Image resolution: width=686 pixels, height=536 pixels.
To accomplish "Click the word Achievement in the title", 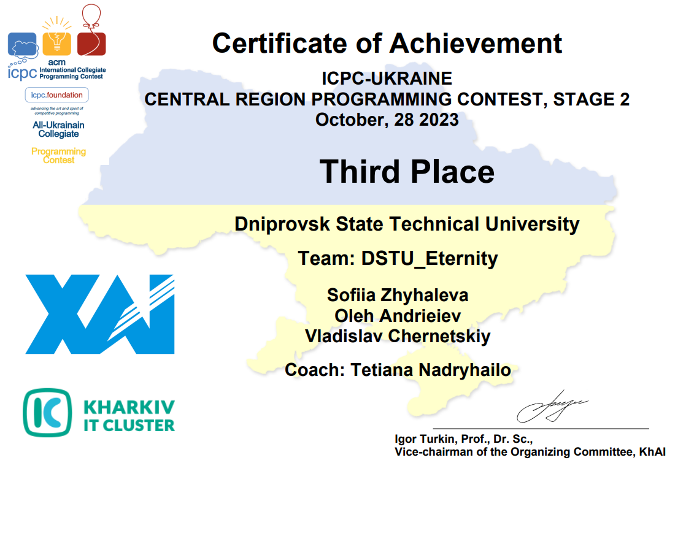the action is tap(476, 44).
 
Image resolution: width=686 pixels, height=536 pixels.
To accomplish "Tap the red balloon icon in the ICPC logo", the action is tap(91, 30).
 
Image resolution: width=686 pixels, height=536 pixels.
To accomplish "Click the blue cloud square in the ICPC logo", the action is tap(22, 45).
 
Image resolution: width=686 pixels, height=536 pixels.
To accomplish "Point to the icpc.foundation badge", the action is tap(57, 95).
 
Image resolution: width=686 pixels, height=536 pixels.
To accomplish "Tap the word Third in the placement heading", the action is tap(359, 171).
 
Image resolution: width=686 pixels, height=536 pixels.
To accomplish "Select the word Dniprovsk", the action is tap(282, 224).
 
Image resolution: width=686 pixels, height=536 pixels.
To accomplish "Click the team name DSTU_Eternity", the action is tap(430, 258).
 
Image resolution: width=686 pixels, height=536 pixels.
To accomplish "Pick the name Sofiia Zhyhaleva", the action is tap(398, 295).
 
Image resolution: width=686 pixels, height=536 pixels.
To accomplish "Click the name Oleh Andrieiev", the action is tap(398, 316).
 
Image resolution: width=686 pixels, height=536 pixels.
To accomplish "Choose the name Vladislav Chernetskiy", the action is tap(398, 336).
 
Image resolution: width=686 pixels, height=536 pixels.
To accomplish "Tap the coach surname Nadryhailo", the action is tap(464, 370).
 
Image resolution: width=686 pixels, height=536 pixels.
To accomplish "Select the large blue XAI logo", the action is tap(100, 314).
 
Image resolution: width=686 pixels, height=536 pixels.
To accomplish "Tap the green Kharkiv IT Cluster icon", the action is tap(47, 413).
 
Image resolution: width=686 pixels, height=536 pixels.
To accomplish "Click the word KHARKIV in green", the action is tap(129, 407).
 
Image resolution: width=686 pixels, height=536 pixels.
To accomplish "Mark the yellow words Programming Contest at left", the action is tap(59, 156).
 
